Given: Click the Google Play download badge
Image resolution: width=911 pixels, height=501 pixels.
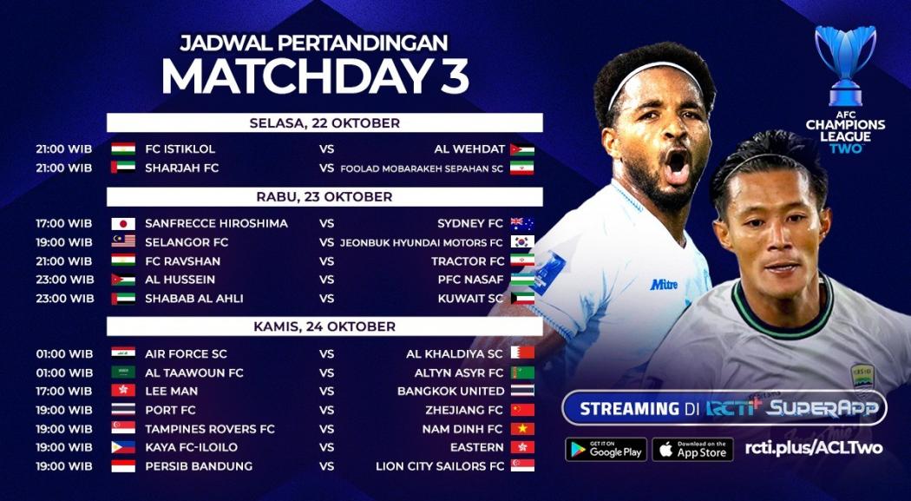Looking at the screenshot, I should (606, 449).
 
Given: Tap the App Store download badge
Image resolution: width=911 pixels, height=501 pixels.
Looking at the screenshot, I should (692, 449).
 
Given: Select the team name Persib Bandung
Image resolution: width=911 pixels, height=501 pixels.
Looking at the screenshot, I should (199, 466).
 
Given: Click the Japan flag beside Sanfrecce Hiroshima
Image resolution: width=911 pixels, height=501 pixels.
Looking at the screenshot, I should (123, 223).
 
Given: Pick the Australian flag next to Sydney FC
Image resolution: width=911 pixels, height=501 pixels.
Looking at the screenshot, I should (522, 223).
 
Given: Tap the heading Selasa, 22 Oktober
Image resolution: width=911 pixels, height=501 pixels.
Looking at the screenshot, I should (324, 122).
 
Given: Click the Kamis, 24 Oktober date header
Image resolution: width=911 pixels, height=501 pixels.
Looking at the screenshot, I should (324, 326).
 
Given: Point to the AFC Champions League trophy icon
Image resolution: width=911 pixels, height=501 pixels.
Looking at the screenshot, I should (845, 65).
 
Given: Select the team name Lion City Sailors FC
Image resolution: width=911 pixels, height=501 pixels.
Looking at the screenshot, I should (439, 466).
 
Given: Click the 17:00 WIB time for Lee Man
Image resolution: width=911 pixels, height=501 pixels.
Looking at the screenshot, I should (64, 391).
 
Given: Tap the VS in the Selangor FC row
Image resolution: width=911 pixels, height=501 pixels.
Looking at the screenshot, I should (327, 242).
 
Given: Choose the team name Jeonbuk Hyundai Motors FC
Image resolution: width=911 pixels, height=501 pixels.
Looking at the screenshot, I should (422, 242).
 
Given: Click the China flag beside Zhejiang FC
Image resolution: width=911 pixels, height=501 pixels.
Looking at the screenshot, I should (522, 410).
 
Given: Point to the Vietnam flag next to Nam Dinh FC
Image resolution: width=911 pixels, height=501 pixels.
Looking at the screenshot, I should (522, 429).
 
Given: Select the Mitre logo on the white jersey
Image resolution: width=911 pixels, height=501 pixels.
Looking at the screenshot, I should (664, 284).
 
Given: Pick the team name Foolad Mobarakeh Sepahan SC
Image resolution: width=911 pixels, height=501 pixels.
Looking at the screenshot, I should (422, 168).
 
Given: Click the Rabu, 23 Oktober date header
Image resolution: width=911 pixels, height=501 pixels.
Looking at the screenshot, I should (324, 196).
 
